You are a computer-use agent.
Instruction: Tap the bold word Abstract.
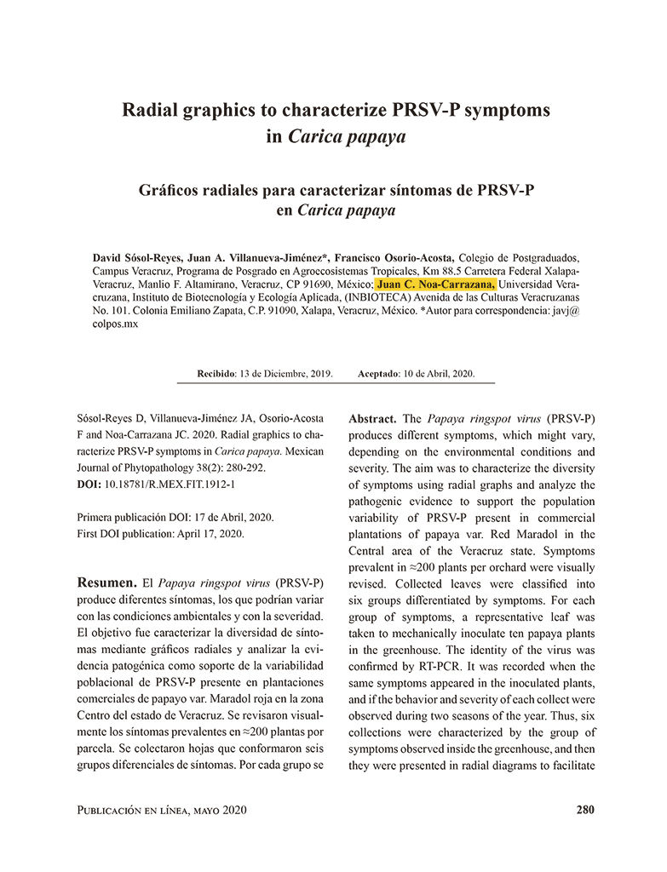click(x=372, y=419)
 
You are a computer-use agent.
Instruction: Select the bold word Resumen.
click(x=106, y=583)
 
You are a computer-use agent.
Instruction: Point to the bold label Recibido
click(x=216, y=373)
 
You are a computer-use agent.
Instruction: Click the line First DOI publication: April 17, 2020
click(x=161, y=533)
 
